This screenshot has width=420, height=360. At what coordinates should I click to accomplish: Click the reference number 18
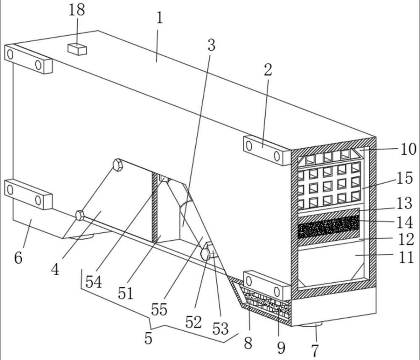click(x=77, y=11)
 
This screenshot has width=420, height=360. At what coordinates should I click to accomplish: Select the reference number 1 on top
click(x=160, y=18)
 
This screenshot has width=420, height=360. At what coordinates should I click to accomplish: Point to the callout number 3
click(x=211, y=44)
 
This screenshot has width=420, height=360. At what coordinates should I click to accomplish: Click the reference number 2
click(x=267, y=70)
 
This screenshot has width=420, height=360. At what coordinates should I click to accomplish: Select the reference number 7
click(x=315, y=350)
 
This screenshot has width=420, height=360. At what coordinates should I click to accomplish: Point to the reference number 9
click(x=281, y=348)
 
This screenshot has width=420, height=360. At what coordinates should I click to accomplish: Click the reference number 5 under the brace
click(x=148, y=338)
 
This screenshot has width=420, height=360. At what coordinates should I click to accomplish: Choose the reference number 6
click(x=18, y=257)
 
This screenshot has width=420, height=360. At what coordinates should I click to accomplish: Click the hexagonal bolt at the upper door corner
click(x=117, y=165)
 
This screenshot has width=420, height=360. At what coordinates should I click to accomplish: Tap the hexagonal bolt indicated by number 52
click(x=206, y=255)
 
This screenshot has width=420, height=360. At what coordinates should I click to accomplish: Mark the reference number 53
click(x=220, y=329)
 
